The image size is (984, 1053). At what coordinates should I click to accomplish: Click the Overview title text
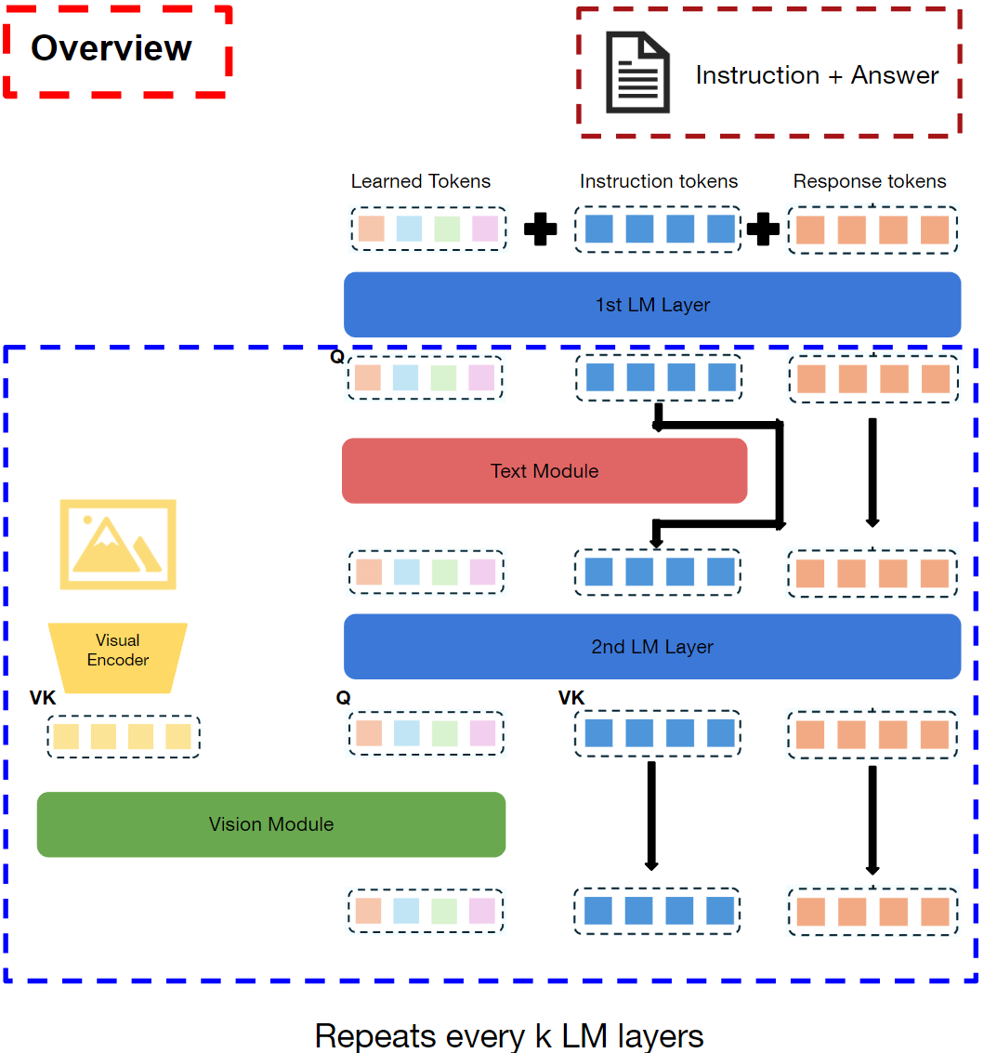tap(112, 48)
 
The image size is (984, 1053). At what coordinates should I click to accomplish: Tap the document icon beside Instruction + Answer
tap(637, 72)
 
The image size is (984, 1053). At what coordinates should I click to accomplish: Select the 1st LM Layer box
tap(652, 305)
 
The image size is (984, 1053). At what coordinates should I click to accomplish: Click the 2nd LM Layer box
tap(652, 647)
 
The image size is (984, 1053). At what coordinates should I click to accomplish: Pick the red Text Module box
tap(544, 471)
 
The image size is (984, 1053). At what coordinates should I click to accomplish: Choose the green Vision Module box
tap(271, 824)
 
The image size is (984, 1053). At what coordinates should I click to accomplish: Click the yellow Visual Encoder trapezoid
tap(118, 651)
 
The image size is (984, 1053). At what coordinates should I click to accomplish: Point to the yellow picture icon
tap(118, 545)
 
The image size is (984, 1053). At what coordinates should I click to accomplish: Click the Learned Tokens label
tap(421, 181)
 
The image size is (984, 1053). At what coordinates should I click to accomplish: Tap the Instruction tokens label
tap(659, 181)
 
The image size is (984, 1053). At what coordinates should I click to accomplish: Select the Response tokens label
tap(870, 181)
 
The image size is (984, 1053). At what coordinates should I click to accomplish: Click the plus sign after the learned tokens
tap(541, 230)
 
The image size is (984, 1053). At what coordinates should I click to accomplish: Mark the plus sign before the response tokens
tap(764, 230)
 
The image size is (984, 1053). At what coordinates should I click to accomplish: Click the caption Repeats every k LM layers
tap(509, 1035)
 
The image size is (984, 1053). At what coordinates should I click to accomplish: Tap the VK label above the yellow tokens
tap(43, 698)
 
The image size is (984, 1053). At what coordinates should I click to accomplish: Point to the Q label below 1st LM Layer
tap(336, 356)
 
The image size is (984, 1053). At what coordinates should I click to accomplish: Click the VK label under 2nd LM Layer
tap(571, 698)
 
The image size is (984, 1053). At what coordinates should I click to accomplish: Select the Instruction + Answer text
tap(817, 75)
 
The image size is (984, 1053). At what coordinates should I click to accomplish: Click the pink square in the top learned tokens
tap(485, 229)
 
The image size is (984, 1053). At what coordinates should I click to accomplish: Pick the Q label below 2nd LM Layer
tap(344, 698)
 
